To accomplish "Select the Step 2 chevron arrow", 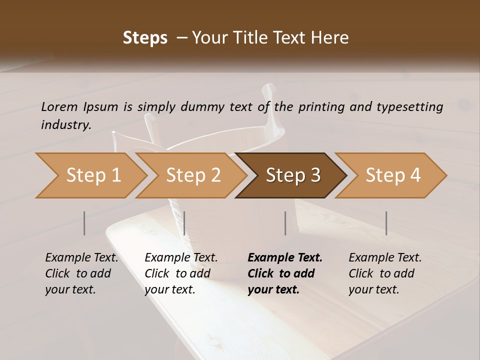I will pos(193,175).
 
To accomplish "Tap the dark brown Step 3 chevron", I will pos(292,175).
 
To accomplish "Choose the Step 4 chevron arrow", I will pos(392,175).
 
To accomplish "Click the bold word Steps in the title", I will pos(145,38).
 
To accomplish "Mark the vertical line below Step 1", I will pos(84,223).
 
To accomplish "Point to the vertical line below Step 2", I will pos(184,223).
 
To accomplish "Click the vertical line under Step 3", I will pos(285,223).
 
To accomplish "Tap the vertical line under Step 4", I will pos(386,223).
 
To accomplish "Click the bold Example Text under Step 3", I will pos(285,257).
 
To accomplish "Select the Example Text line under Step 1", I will pos(81,257).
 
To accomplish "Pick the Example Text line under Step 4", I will pos(385,257).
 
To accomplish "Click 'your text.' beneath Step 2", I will pos(169,289).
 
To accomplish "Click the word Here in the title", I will pos(330,38).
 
